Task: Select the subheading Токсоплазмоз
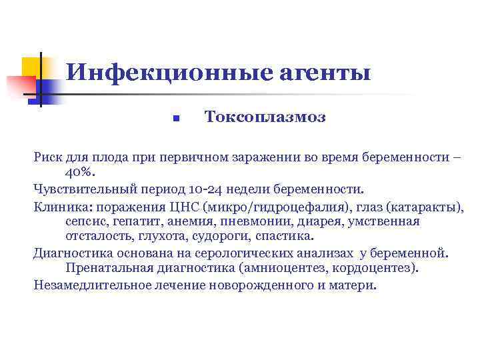point(256,118)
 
